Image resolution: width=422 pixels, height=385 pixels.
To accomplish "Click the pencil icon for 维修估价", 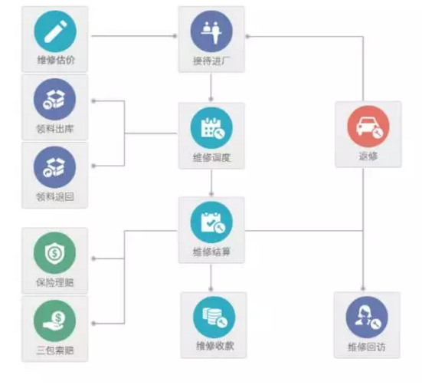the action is (55, 31).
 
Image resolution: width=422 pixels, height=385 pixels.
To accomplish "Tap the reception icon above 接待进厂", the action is (211, 31).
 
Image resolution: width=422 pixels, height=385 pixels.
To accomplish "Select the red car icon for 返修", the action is (368, 127).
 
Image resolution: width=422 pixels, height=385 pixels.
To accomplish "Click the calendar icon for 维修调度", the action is (211, 128).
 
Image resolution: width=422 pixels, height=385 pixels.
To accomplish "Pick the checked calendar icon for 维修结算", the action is (211, 222).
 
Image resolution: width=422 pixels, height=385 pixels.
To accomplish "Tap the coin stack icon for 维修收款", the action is (214, 317).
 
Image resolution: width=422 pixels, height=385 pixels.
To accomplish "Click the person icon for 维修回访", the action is (367, 317).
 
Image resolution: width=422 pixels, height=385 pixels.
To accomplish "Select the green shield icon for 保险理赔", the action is (54, 253).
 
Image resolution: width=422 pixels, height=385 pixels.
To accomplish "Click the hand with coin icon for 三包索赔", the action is (54, 321).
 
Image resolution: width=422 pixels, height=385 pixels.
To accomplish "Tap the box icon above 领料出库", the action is (54, 99).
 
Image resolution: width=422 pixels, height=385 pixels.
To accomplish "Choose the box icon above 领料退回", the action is (54, 167).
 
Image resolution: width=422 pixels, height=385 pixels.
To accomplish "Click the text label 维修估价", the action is (56, 60).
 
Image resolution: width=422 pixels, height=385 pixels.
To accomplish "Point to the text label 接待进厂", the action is (211, 61).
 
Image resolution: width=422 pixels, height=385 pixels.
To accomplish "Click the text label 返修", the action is (368, 156).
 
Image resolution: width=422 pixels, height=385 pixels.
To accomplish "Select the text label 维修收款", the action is (214, 346).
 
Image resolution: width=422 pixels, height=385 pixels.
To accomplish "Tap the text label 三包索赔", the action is (55, 350).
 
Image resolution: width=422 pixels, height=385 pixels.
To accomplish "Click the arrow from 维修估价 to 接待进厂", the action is (134, 36).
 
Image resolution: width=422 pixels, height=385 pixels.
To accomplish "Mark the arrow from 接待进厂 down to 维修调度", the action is (211, 87).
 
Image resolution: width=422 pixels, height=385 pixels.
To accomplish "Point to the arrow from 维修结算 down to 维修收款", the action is (211, 278).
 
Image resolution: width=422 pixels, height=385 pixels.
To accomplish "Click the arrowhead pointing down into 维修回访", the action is (363, 288).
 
